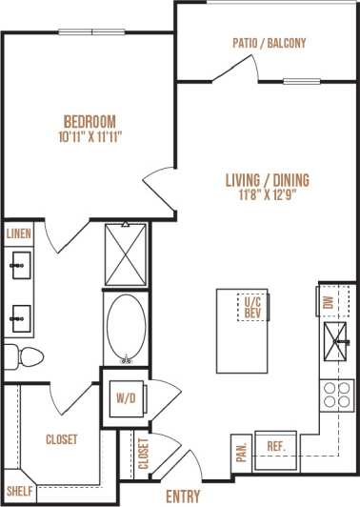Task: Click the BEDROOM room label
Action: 90,121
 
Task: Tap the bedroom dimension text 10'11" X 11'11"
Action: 90,137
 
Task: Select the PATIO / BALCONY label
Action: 269,43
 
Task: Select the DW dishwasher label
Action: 328,304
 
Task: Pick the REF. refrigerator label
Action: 277,446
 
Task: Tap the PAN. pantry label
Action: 241,446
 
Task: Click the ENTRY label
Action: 182,496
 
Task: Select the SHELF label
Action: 20,491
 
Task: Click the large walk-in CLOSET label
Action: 61,439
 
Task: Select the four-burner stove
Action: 335,395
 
